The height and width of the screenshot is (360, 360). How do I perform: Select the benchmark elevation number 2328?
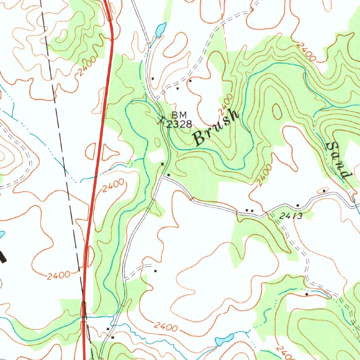[179, 124]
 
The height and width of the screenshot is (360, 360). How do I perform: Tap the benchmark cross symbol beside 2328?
[161, 121]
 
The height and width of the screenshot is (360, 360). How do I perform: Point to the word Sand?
[338, 160]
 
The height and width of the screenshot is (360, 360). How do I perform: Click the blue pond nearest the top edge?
[160, 30]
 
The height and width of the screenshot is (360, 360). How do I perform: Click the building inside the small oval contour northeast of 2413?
[324, 191]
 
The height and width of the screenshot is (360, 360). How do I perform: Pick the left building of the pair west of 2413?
[247, 210]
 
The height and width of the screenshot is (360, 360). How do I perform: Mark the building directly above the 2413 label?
[298, 205]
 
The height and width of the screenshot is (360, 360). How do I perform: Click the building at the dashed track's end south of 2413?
[307, 294]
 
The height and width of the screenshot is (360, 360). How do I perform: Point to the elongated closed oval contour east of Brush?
[277, 111]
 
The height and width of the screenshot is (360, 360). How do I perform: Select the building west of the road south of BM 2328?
[162, 164]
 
